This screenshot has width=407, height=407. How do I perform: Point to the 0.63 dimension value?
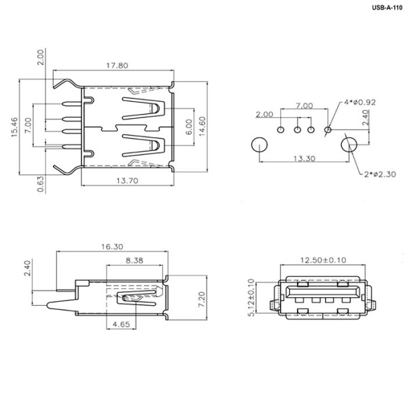41,183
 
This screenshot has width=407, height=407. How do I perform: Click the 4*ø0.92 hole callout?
358,103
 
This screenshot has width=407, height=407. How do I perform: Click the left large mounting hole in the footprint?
258,144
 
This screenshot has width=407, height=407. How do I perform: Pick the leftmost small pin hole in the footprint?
282,129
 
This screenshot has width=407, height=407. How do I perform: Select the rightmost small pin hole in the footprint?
328,129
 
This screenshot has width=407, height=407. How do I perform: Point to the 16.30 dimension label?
113,247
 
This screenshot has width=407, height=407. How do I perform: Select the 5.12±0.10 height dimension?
252,297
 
